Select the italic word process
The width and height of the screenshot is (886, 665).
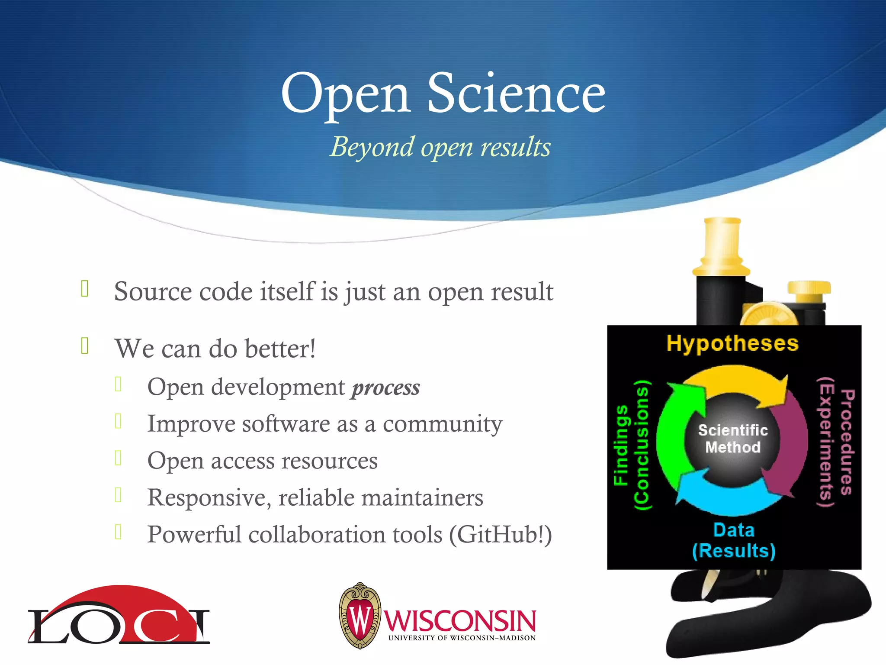click(x=385, y=387)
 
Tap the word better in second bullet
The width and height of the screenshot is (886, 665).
click(x=280, y=349)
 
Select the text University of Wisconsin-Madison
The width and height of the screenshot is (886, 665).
click(x=462, y=638)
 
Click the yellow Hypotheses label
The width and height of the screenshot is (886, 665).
click(x=732, y=343)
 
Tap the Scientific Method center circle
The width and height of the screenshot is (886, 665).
click(x=733, y=439)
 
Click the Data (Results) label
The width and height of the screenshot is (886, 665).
click(x=734, y=541)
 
